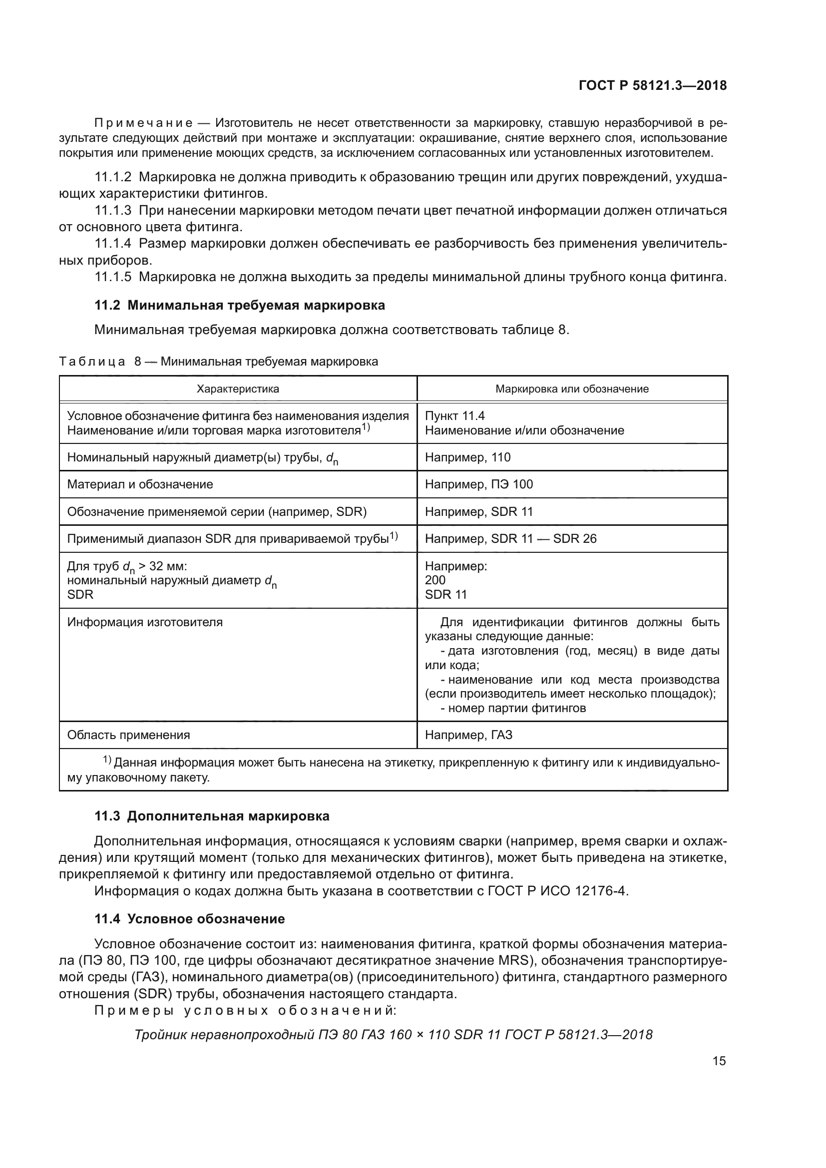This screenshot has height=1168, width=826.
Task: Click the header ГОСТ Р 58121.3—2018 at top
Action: point(653,85)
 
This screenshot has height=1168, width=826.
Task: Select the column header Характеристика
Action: point(238,389)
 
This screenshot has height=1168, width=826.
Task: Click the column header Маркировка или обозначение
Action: point(572,389)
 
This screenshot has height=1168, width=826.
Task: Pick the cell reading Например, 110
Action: point(467,457)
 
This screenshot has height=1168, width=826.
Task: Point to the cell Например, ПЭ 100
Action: point(478,484)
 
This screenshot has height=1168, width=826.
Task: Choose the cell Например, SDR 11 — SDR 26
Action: point(510,538)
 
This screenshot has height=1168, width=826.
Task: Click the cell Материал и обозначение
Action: point(140,484)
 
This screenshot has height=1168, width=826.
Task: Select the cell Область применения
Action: point(128,735)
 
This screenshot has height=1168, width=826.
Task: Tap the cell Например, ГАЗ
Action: point(468,735)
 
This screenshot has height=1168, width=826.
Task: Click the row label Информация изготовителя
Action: point(144,622)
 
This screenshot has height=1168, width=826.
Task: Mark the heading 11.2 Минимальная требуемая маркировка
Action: point(240,305)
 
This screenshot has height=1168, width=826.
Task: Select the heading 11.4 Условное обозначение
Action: point(190,919)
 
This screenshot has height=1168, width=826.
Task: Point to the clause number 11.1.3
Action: point(113,211)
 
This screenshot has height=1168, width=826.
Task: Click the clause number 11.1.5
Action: point(113,277)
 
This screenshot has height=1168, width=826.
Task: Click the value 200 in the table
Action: point(435,580)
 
